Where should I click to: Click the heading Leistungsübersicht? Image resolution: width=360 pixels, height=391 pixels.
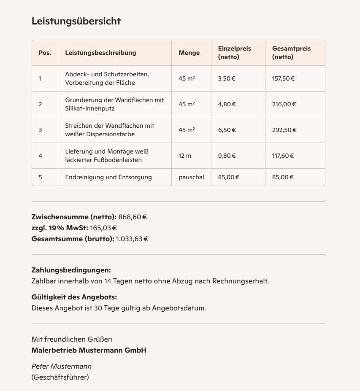click(76, 21)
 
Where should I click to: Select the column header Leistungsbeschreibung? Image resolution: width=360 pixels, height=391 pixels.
click(100, 53)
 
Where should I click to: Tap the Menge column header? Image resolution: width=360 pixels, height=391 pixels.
click(189, 53)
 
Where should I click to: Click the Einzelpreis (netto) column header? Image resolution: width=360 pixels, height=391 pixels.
click(234, 53)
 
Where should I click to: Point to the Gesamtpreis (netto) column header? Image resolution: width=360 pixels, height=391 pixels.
click(291, 53)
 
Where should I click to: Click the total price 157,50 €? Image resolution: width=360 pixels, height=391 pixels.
click(283, 78)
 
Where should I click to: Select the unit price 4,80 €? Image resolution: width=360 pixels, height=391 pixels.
click(227, 104)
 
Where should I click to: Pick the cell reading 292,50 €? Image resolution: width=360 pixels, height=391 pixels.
click(284, 130)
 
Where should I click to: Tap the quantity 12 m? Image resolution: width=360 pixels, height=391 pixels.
click(185, 156)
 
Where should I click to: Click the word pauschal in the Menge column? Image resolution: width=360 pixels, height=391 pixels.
click(191, 177)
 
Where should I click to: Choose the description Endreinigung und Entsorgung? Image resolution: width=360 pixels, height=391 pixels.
click(108, 177)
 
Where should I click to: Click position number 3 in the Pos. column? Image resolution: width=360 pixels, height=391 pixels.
click(40, 130)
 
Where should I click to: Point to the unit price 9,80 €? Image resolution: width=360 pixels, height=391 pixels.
click(227, 156)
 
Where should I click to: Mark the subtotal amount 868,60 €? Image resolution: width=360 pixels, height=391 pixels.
click(133, 217)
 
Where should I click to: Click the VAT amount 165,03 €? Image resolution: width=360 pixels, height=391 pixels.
click(103, 228)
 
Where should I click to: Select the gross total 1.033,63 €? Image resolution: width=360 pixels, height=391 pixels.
click(132, 239)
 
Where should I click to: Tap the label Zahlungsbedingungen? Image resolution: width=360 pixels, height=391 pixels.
click(71, 270)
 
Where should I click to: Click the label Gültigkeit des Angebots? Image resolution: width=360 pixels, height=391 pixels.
click(74, 297)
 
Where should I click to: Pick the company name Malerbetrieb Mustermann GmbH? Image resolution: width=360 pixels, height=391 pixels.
click(89, 350)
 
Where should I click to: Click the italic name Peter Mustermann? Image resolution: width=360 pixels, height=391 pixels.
click(62, 366)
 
